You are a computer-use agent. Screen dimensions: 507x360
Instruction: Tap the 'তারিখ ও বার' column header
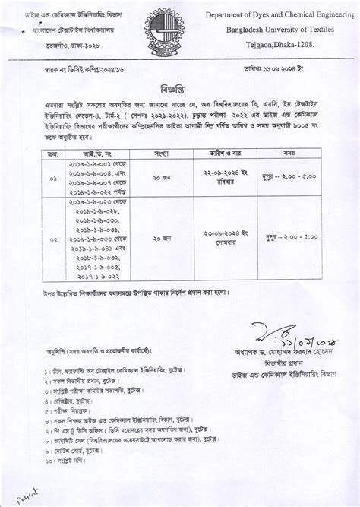[x=225, y=153]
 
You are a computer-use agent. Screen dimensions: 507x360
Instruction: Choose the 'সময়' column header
[x=289, y=153]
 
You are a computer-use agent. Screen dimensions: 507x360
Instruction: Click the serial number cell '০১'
[x=52, y=179]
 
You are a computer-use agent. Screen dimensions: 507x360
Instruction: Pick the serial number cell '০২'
[x=52, y=238]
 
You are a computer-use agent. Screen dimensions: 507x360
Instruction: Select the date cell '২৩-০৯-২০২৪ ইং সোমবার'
[x=225, y=238]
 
